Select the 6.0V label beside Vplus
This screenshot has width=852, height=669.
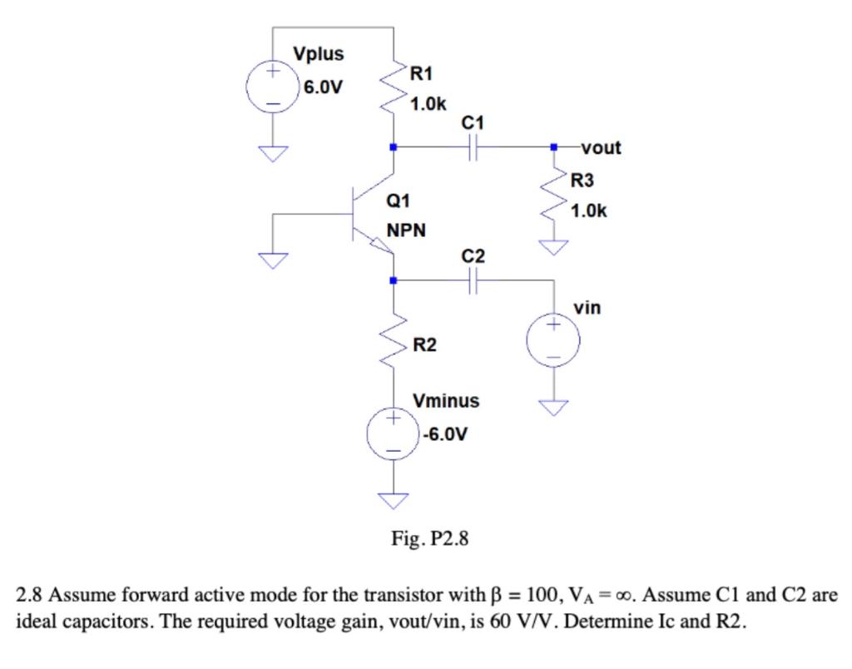[x=323, y=87]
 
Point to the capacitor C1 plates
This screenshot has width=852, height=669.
[x=472, y=148]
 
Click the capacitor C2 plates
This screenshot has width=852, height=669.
[x=472, y=282]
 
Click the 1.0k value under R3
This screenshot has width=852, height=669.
[x=588, y=211]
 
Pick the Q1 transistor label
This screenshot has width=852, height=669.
[x=399, y=201]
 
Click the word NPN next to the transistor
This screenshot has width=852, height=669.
[x=406, y=230]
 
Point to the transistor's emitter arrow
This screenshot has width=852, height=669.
[x=379, y=245]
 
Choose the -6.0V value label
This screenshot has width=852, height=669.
[x=444, y=434]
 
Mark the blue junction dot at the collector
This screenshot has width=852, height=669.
[x=394, y=147]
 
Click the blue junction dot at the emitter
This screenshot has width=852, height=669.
[x=394, y=281]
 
